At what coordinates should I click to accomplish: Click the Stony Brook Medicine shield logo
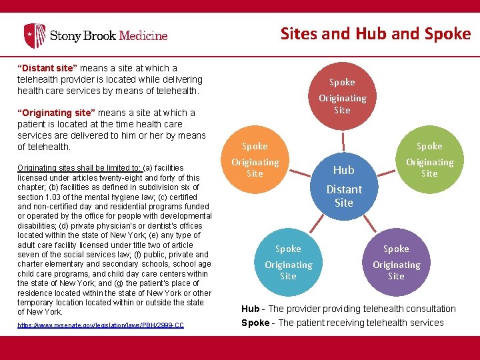coord(35,35)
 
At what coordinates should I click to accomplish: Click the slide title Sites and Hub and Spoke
coord(375,33)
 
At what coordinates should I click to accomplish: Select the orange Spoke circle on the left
coord(255,160)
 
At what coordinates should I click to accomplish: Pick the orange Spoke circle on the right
coord(429,160)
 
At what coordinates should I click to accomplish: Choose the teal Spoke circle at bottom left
coord(288,261)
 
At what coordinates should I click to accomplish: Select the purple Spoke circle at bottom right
coord(396,261)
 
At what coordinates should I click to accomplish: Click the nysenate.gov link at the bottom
coord(101,325)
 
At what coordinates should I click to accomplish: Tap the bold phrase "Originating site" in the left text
coord(55,113)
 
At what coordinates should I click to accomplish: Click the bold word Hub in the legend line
coord(250,309)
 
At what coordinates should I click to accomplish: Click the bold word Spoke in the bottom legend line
coord(255,323)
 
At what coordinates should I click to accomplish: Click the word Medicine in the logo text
coord(139,35)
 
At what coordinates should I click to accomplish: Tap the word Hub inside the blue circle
coord(343,170)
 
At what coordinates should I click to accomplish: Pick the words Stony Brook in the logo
coord(79,35)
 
